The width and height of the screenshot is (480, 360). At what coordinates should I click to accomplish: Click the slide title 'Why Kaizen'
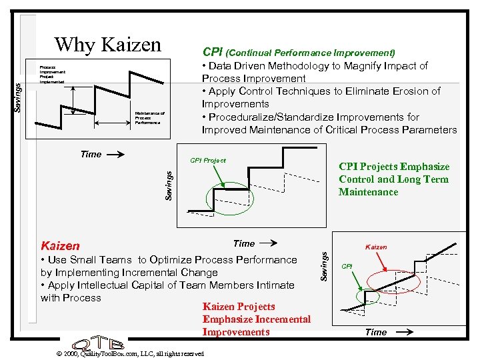108,45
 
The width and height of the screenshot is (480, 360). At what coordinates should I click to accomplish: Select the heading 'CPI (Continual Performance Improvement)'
299,52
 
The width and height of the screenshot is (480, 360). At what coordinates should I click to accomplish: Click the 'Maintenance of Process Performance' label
149,117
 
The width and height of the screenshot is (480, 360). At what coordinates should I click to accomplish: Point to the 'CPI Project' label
208,160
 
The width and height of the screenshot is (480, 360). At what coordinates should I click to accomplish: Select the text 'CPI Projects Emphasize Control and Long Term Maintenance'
394,179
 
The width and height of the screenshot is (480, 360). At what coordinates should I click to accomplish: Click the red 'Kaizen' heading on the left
60,246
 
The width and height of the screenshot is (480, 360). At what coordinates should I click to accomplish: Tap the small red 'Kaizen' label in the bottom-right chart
377,247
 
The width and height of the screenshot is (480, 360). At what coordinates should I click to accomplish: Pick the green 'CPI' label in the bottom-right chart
347,266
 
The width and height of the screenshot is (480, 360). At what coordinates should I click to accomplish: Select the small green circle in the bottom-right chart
367,295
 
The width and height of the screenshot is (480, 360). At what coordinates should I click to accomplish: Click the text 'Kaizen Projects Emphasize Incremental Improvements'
257,319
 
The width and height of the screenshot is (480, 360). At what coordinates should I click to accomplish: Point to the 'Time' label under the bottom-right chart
376,332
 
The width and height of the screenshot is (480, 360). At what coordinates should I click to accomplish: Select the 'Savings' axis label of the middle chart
169,185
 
